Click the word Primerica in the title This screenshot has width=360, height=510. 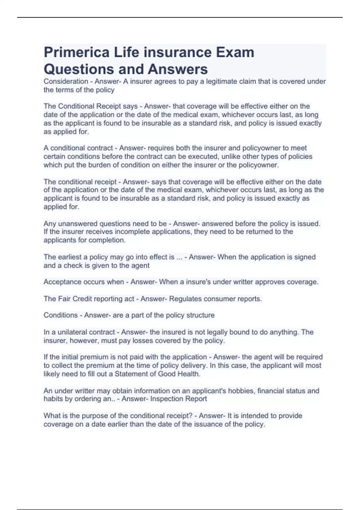click(76, 52)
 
